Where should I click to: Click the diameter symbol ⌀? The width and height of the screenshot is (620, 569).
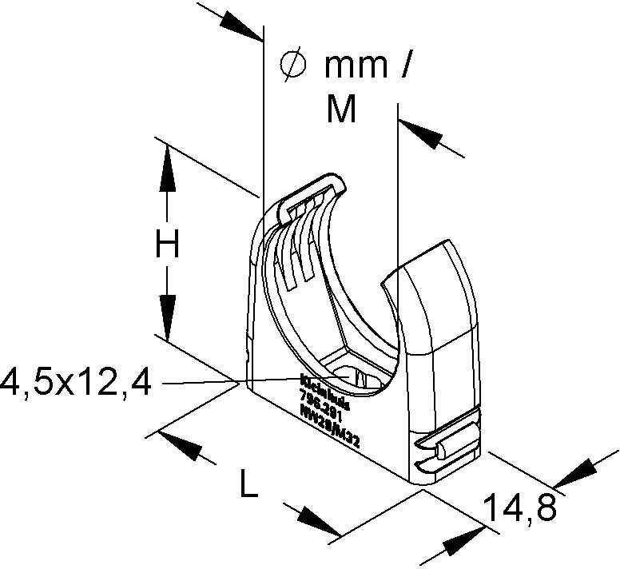tap(293, 65)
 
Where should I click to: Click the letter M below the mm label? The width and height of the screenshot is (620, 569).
tap(342, 109)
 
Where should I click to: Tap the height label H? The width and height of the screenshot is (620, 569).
tap(167, 246)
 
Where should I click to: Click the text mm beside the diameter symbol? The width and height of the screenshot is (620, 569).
tap(355, 66)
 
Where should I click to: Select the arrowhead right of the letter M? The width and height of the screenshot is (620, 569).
tap(422, 133)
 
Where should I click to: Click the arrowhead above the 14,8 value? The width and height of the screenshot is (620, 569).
tap(574, 475)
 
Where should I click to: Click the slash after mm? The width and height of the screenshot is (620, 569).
tap(405, 65)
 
